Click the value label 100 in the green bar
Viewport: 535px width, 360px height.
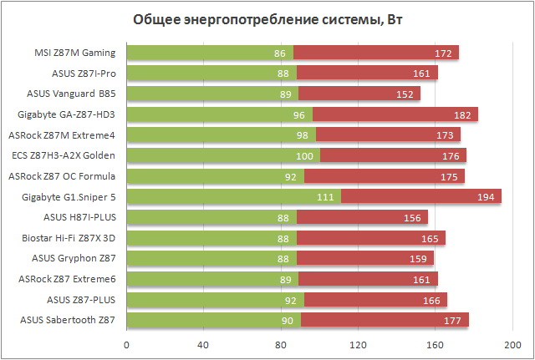[306, 155]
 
